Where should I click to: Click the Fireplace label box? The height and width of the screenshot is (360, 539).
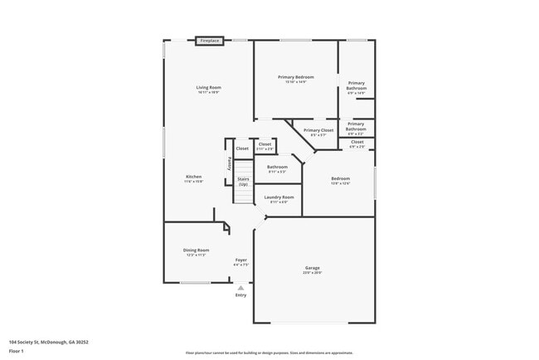coord(210,40)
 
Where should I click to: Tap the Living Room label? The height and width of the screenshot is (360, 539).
coord(208,87)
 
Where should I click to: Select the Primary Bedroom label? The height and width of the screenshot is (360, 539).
coord(295,77)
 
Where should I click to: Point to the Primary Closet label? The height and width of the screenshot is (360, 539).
coord(318,130)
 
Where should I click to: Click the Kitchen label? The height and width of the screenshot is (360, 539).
coord(193,177)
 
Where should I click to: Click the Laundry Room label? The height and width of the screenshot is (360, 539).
coord(278,197)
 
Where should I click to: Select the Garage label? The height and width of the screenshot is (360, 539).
coord(313,268)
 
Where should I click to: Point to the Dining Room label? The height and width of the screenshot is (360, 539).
coord(197,250)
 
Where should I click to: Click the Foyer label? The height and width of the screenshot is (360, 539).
coord(240,260)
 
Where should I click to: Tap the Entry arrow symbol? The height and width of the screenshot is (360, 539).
coord(240,287)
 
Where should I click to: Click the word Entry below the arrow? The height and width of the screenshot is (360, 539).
coord(240,295)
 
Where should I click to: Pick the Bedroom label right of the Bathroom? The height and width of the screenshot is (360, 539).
coord(340,178)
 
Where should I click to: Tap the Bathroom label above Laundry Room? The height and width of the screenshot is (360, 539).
coord(277,167)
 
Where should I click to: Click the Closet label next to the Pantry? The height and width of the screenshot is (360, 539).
coord(242,148)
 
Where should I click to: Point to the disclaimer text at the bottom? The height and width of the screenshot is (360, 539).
coord(269,353)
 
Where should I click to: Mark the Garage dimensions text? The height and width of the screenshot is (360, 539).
coord(313,272)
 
